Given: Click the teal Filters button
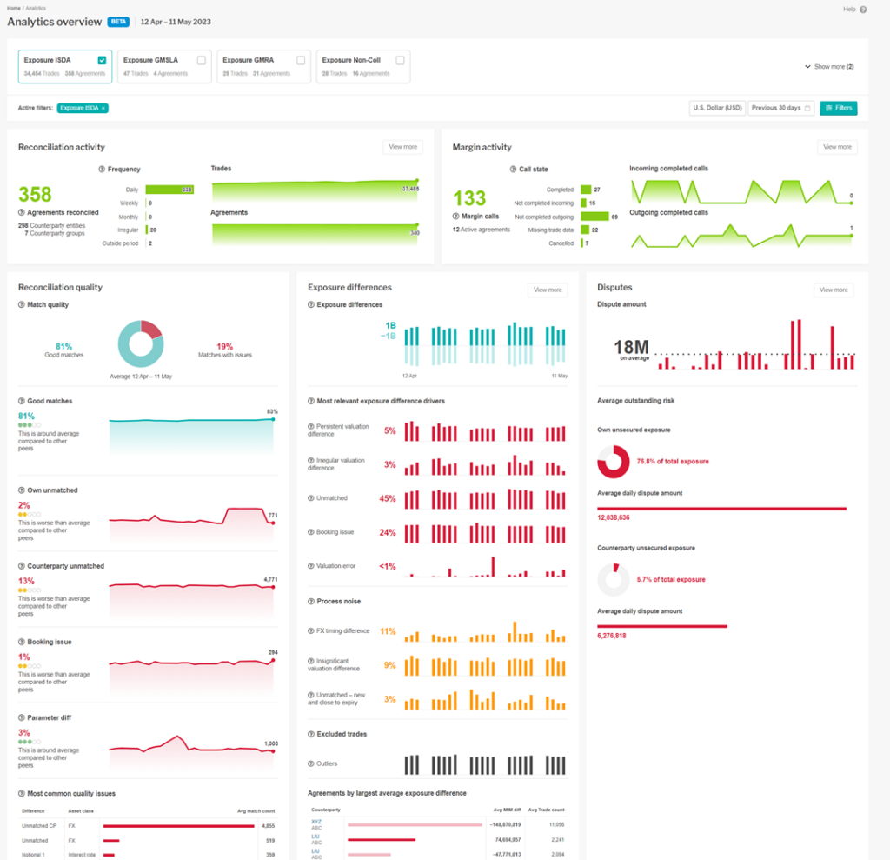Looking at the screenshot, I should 838,108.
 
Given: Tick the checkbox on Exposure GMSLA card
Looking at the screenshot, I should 202,60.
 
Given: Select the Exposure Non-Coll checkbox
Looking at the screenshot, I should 400,60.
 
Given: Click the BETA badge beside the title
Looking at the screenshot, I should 118,22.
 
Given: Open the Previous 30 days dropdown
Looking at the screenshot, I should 780,108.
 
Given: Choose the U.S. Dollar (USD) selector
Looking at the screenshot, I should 717,108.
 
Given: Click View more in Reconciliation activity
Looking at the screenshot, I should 402,147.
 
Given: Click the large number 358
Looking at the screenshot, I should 35,195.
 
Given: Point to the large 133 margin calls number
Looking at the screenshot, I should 468,198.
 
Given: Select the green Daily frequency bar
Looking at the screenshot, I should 169,189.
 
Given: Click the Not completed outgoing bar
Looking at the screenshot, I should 594,216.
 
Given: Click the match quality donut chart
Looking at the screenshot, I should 140,343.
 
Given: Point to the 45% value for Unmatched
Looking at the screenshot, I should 387,498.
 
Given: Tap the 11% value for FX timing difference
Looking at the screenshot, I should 388,631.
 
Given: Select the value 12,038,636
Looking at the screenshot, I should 614,517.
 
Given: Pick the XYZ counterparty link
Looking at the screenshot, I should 316,820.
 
